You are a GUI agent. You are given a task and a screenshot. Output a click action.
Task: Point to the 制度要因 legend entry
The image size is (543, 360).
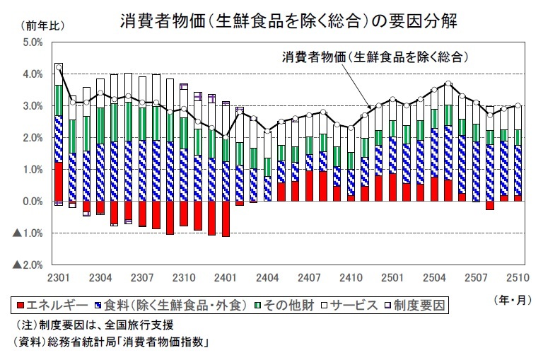[x=418, y=306]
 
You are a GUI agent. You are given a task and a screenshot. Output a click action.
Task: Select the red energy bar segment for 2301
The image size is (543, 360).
[x=59, y=182]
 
